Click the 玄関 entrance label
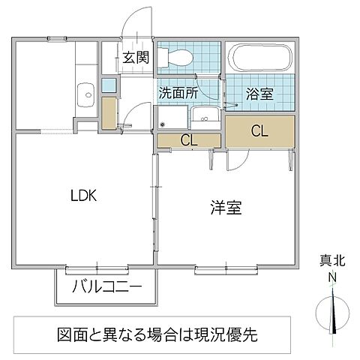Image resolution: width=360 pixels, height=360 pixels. [x=136, y=58]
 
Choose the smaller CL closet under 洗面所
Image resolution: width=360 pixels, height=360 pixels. [x=189, y=139]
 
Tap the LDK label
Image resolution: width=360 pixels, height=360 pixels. [x=84, y=196]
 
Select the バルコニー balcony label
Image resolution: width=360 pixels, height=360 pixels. [x=106, y=287]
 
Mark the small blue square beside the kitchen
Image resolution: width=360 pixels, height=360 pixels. [x=109, y=86]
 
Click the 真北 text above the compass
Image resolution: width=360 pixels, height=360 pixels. [x=329, y=262]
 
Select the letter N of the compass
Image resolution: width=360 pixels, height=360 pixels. [x=331, y=276]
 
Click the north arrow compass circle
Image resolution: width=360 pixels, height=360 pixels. [x=330, y=310]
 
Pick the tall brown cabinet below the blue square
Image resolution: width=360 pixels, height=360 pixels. [x=109, y=111]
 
